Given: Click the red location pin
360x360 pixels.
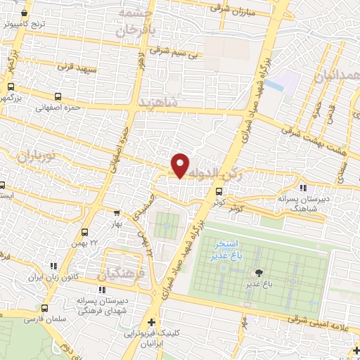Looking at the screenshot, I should [180, 165].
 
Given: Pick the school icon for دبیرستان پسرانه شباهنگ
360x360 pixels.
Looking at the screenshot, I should [303, 188].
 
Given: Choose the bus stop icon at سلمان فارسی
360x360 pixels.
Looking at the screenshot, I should [45, 309].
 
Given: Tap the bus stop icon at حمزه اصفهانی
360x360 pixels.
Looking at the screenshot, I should [56, 97].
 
